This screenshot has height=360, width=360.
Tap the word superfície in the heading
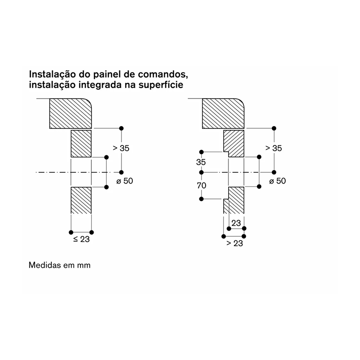(161, 85)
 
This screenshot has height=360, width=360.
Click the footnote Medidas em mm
(59, 265)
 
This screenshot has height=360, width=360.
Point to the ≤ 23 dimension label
(81, 239)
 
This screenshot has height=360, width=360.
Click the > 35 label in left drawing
(121, 148)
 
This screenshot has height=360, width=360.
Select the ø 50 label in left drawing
(125, 181)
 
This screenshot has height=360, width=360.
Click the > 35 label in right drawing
(274, 148)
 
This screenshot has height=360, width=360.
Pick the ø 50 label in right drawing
(277, 181)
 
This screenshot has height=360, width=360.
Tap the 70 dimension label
(201, 185)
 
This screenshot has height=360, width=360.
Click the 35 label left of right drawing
(201, 162)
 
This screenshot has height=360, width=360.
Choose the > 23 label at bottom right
(234, 243)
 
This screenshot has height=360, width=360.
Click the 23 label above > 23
(236, 223)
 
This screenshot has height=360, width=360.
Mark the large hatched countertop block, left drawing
(71, 113)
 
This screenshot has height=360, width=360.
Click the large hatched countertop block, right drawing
(223, 113)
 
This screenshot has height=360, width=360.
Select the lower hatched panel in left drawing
(81, 200)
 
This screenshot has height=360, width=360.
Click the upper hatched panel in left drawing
(81, 144)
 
